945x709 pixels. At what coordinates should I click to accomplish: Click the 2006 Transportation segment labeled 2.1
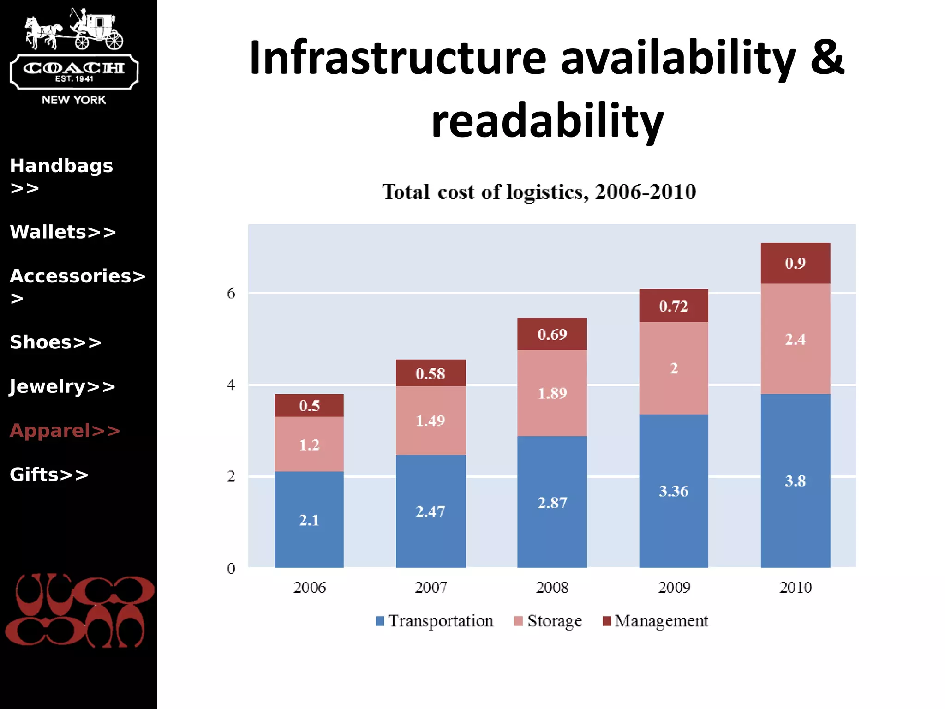(309, 519)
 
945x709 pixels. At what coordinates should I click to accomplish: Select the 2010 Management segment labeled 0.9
(795, 263)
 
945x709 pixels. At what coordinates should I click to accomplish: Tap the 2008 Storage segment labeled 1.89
(552, 393)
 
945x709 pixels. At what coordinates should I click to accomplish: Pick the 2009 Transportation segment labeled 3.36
(673, 491)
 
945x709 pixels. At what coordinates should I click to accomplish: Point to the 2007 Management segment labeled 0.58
(430, 373)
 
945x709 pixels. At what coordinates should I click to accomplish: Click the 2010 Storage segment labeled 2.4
(795, 339)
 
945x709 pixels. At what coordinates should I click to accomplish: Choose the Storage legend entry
(548, 621)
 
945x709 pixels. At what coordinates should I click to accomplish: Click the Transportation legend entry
(435, 621)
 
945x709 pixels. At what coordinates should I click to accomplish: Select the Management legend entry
(656, 621)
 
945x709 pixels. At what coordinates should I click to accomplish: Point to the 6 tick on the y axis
(231, 293)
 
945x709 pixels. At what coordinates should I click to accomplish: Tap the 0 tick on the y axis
(231, 568)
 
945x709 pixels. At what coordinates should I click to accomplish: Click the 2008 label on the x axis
(552, 588)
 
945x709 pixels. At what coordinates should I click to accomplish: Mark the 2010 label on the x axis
(795, 588)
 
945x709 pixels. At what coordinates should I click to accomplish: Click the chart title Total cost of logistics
(538, 192)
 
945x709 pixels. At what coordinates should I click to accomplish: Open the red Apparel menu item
(65, 430)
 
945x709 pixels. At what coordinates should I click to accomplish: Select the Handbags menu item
(61, 166)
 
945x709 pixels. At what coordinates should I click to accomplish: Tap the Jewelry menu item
(62, 386)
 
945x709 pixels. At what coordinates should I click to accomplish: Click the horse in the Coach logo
(42, 32)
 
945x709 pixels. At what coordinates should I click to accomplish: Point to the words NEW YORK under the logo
(74, 100)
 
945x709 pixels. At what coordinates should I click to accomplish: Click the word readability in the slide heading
(547, 121)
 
